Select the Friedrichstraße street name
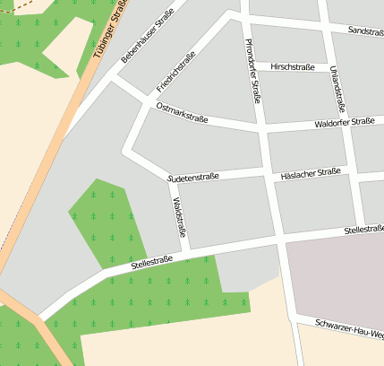tap(175, 73)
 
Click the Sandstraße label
tap(364, 31)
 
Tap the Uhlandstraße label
tap(337, 87)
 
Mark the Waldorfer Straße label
tap(345, 122)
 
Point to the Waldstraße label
tap(178, 216)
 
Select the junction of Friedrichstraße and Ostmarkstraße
tap(145, 104)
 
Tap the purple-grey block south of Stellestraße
tap(336, 278)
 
